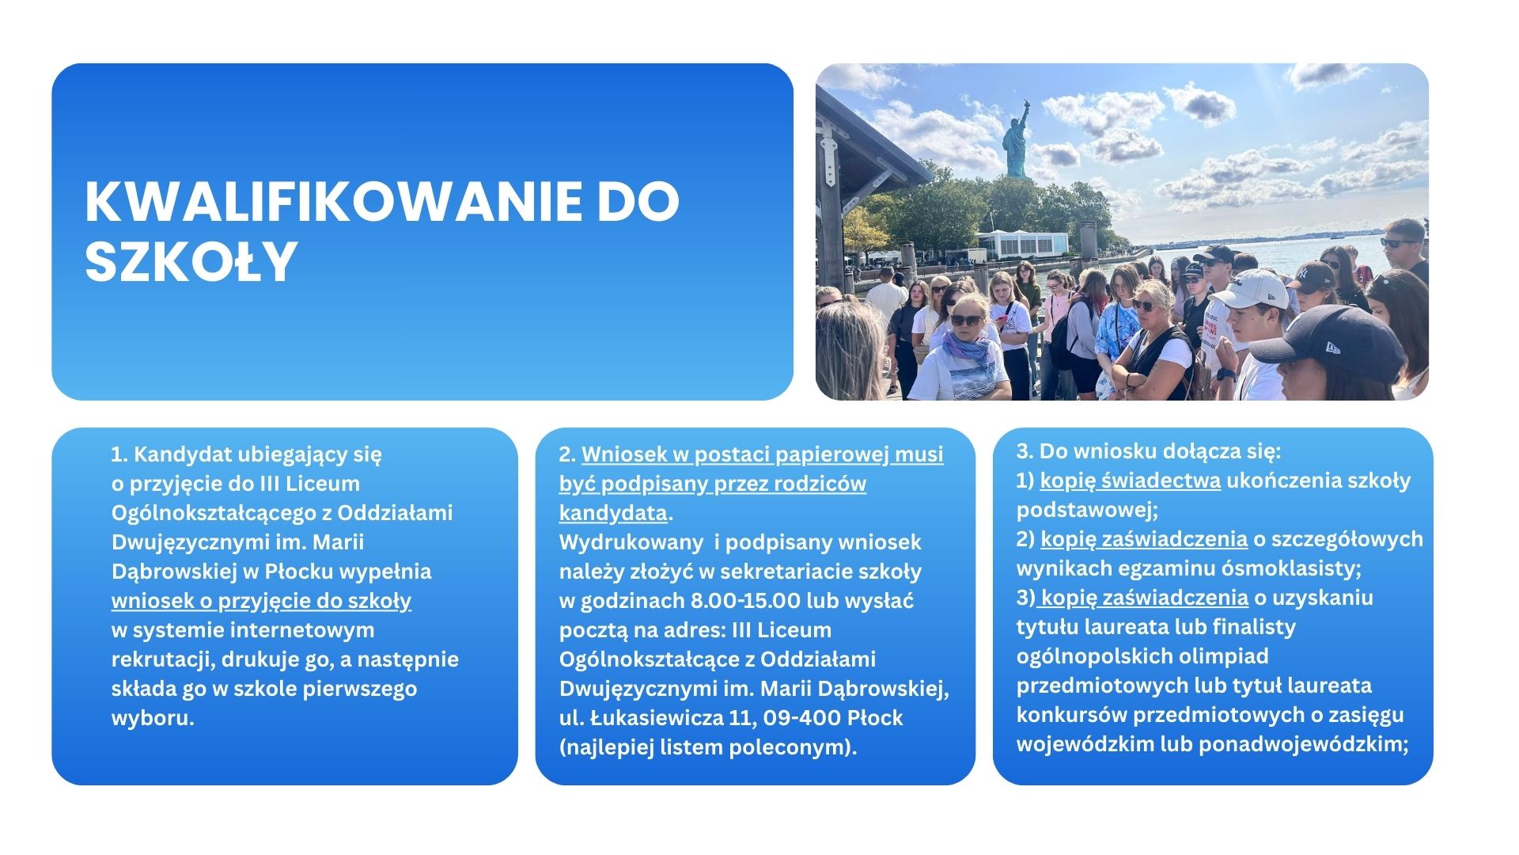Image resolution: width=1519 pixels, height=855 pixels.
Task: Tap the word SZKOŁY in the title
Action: click(x=191, y=261)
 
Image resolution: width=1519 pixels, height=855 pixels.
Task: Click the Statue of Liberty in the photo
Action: click(x=1017, y=139)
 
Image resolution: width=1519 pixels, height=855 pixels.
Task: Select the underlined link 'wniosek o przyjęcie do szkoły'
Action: click(x=261, y=601)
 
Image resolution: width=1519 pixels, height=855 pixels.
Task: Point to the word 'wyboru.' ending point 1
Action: click(x=153, y=718)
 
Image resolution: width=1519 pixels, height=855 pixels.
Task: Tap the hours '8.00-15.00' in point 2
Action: click(x=745, y=601)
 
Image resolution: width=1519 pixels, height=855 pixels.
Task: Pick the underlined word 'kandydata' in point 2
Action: click(x=613, y=513)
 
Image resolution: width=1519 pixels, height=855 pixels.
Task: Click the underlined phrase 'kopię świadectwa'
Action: click(x=1131, y=481)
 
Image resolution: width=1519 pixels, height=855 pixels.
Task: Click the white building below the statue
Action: click(x=1022, y=242)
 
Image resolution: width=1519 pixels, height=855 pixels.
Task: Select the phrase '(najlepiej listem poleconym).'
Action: click(x=708, y=747)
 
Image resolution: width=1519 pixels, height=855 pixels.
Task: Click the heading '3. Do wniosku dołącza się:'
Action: click(x=1149, y=451)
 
